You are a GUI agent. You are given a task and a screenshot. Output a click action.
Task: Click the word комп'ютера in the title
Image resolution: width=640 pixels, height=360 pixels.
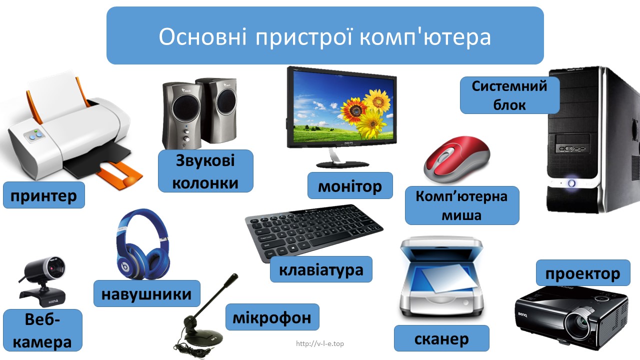[x=425, y=37]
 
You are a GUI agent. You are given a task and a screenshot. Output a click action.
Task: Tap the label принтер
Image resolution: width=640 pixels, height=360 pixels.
[x=44, y=195]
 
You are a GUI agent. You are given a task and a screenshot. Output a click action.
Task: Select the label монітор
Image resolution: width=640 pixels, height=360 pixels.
[x=350, y=185]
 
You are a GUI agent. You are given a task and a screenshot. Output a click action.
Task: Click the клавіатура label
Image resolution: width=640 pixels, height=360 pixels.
[x=321, y=269]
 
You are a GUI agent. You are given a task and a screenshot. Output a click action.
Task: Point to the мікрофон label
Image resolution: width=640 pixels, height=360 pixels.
[x=272, y=317]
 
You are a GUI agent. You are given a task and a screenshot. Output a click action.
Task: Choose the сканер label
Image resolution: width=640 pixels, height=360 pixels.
[x=441, y=338]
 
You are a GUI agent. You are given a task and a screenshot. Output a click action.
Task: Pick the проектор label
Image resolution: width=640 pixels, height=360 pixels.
[x=583, y=273]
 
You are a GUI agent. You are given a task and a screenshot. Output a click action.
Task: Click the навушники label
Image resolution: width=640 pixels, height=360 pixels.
[x=147, y=293]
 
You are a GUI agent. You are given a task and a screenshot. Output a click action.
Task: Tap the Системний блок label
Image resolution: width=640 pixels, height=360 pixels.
[x=509, y=95]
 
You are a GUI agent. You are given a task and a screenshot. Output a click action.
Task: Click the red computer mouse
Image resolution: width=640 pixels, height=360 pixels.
[x=456, y=159]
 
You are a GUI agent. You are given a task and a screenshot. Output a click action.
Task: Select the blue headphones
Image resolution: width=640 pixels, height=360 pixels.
[x=143, y=244]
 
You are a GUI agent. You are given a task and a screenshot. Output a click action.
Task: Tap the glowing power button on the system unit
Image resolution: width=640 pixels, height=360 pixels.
[x=571, y=183]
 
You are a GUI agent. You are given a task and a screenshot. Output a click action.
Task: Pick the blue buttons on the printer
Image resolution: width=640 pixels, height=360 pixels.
[x=36, y=136]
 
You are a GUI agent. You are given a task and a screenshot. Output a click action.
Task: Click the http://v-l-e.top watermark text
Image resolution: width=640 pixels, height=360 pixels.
[x=320, y=343]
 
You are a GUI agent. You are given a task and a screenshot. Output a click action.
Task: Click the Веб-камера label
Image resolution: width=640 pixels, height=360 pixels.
[x=42, y=330]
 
